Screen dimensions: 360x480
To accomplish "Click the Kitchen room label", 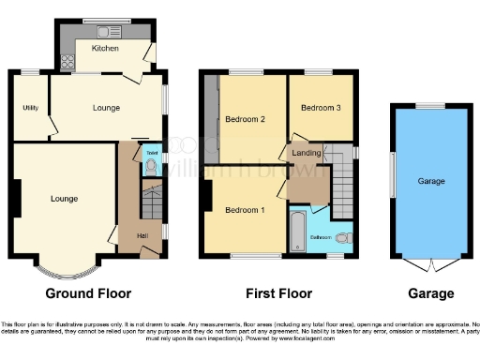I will (x=105, y=48).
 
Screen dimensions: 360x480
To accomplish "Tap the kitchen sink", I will (x=95, y=24).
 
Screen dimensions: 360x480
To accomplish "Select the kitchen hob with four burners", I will (x=67, y=63).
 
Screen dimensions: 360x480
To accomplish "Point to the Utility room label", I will (x=29, y=108).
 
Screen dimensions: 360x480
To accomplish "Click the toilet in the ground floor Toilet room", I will (x=151, y=168).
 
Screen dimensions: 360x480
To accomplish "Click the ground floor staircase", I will (x=151, y=202).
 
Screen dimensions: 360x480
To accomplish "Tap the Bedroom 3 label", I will (x=319, y=108).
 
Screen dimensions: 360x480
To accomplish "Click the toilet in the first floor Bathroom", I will (x=342, y=237).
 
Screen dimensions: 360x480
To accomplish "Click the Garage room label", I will (x=431, y=180).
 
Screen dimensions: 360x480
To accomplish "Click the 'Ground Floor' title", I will (x=82, y=293).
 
